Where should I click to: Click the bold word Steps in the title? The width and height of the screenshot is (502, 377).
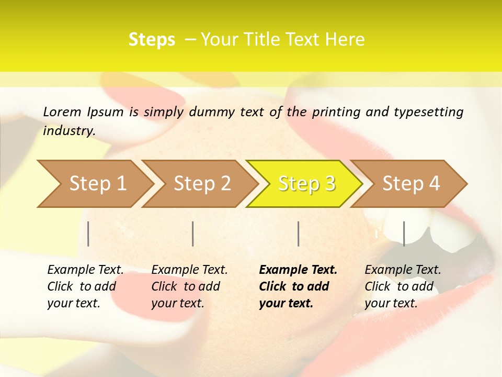(x=152, y=39)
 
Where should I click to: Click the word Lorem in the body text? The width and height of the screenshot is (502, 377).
(x=62, y=112)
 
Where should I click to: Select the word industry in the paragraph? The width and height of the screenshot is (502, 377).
(x=69, y=131)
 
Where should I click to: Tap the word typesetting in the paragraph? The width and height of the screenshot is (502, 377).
(x=428, y=112)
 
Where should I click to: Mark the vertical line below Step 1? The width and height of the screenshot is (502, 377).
(x=88, y=234)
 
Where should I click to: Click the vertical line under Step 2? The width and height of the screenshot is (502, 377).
(x=193, y=234)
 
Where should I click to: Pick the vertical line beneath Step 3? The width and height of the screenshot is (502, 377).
(x=299, y=234)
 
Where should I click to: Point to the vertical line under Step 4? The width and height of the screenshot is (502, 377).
(x=404, y=234)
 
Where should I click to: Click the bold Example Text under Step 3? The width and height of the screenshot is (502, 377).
(x=298, y=270)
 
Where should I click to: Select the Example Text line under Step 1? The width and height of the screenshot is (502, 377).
(x=86, y=270)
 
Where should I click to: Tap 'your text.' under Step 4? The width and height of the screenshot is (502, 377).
(x=391, y=303)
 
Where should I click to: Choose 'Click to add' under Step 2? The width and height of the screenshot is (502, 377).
(x=186, y=286)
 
